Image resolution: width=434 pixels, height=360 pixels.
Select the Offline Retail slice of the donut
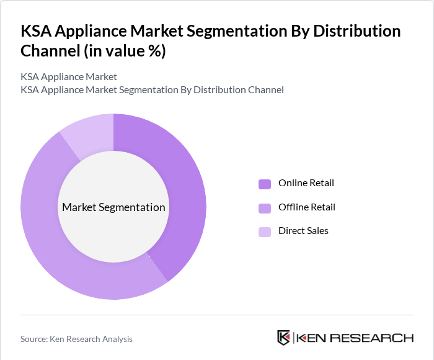(x=56, y=248)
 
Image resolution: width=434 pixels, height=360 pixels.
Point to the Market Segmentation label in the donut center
(x=113, y=207)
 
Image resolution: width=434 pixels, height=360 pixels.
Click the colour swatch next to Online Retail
(x=265, y=184)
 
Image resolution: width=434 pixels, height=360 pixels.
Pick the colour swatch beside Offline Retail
(x=265, y=207)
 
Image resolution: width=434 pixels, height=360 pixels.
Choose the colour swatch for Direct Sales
(x=265, y=232)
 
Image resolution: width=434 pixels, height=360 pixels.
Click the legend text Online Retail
(x=306, y=183)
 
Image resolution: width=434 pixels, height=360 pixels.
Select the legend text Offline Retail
(x=307, y=207)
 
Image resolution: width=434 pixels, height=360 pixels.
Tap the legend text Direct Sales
(x=303, y=231)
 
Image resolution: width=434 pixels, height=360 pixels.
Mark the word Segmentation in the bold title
(x=215, y=30)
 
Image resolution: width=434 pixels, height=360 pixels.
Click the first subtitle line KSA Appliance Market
(x=69, y=77)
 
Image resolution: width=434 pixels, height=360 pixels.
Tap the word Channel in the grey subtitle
(x=265, y=90)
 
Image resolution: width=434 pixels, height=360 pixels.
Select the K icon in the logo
(x=283, y=338)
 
